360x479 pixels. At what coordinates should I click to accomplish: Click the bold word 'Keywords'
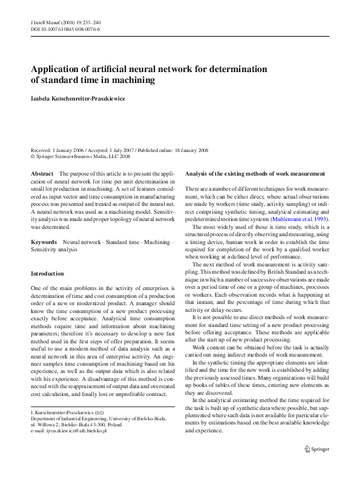45,242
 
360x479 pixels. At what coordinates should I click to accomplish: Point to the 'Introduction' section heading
47,274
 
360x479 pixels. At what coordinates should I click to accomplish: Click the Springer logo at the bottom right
319,449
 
